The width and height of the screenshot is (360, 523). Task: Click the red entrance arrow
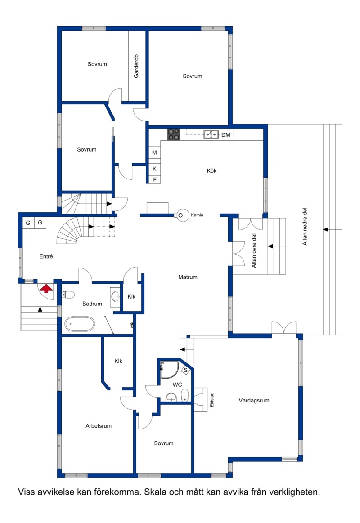(46, 289)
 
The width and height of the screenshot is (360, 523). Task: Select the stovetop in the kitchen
(174, 134)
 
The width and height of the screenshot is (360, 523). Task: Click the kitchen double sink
(211, 134)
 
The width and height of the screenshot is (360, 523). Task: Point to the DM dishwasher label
(226, 135)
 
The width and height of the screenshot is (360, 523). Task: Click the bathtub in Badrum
(79, 324)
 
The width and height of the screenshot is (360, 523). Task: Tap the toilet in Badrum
(68, 295)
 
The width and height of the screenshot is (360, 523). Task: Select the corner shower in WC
(169, 370)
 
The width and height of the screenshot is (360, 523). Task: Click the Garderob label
(136, 66)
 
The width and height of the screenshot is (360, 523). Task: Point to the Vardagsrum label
(254, 400)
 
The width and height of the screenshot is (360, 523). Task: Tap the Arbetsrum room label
(99, 425)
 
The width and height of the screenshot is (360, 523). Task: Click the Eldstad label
(212, 400)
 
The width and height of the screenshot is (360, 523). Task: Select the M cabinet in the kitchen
(154, 153)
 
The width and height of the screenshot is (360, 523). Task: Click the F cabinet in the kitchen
(154, 180)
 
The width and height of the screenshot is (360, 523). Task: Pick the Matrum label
(188, 277)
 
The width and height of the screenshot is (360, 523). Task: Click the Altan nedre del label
(305, 227)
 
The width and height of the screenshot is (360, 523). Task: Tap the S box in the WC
(186, 370)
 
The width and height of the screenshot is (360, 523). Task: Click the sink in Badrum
(116, 295)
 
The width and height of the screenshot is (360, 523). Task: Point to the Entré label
(46, 256)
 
